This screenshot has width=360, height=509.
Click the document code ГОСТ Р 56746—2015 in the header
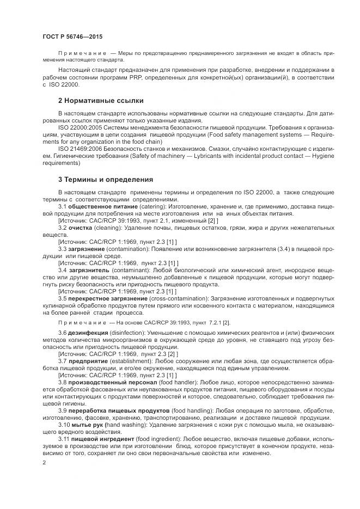point(72,36)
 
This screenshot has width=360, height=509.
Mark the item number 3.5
point(62,299)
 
